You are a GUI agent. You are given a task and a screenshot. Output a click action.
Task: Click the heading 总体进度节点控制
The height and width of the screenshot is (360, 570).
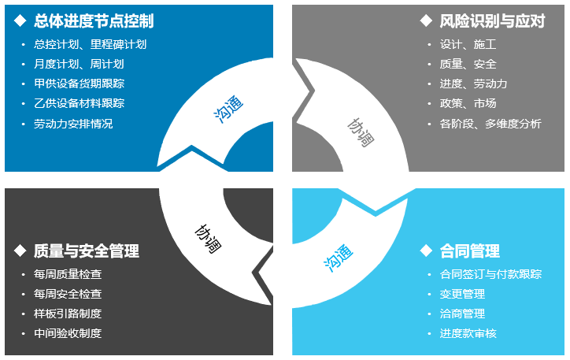[x=94, y=21]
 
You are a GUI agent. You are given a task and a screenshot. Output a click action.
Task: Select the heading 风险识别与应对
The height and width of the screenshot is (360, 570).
[x=492, y=21]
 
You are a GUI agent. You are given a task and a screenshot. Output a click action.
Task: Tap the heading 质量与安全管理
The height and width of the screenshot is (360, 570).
[x=87, y=251]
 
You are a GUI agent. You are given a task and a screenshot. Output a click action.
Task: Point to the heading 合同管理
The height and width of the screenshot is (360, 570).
[x=470, y=251]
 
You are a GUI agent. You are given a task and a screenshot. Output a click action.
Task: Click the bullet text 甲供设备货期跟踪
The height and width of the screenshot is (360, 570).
[x=80, y=84]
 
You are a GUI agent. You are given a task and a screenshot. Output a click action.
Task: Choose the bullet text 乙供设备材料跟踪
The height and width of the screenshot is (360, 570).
[x=80, y=103]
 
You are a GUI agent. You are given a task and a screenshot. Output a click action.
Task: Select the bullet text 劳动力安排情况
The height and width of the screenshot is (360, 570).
[x=73, y=124]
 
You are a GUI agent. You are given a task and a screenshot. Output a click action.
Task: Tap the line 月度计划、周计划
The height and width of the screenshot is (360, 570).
[x=79, y=64]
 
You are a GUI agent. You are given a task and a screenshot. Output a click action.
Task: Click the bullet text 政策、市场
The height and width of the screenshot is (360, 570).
[x=468, y=103]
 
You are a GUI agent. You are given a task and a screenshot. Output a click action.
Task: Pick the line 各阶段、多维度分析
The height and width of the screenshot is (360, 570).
[x=490, y=124]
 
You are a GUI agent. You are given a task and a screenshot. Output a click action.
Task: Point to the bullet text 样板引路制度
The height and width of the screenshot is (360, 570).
[x=68, y=314]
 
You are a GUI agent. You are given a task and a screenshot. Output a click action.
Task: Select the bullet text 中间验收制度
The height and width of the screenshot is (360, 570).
[x=68, y=333]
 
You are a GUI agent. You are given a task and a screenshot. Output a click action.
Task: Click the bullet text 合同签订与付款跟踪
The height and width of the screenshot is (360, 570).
[x=490, y=274]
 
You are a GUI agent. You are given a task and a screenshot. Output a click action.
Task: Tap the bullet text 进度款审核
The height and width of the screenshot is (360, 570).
[x=468, y=333]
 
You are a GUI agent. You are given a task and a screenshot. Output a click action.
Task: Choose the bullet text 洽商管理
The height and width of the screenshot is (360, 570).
[x=462, y=314]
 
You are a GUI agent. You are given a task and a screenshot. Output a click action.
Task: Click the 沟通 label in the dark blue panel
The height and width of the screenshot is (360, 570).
[x=228, y=109]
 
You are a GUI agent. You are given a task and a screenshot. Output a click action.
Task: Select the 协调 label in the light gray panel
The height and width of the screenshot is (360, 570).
[x=361, y=132]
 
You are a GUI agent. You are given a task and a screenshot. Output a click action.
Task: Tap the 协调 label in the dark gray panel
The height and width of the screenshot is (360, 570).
[x=208, y=239]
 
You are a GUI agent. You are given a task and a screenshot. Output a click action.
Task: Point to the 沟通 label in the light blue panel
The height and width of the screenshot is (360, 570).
[x=338, y=258]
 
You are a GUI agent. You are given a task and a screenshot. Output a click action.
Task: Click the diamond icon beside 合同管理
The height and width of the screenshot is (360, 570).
[x=426, y=251]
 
